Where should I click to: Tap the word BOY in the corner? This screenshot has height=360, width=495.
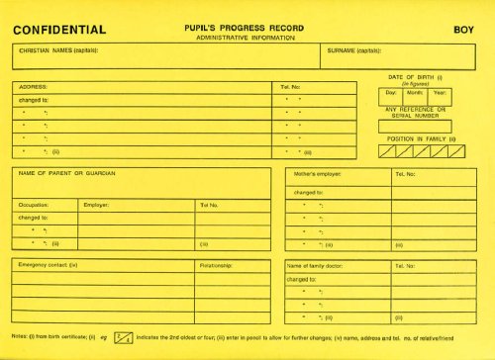tap(463, 31)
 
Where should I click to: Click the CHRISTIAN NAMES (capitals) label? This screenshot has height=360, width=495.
tap(58, 49)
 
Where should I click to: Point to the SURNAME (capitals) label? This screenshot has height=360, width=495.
tap(354, 49)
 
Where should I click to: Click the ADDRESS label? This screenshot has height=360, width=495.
tap(33, 87)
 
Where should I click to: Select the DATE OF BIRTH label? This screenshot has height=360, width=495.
tap(413, 76)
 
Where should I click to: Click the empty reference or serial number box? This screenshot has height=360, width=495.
tap(415, 127)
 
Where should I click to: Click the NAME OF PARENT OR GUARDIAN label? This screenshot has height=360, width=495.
tap(67, 173)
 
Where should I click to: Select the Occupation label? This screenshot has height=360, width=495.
tap(34, 205)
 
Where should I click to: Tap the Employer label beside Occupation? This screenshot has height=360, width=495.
tap(96, 205)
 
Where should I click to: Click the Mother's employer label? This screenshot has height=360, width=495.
tap(318, 174)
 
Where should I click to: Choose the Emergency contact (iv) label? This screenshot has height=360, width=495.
tap(49, 265)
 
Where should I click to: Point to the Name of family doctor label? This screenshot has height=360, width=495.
tap(320, 266)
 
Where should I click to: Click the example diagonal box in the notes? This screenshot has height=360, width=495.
tap(125, 338)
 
